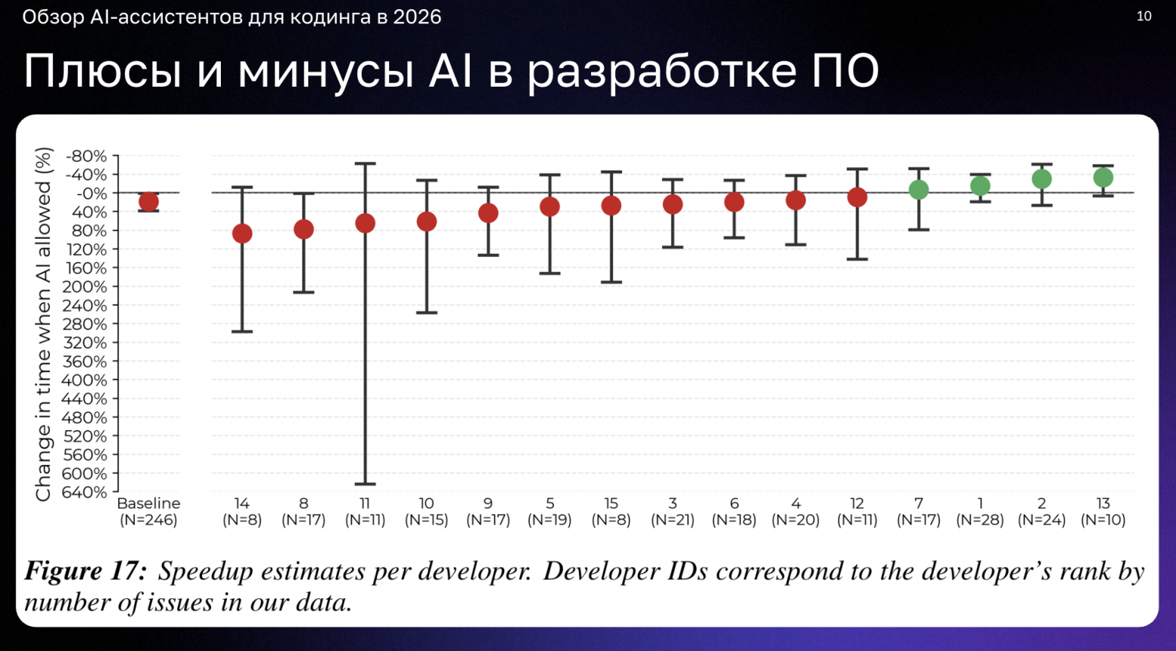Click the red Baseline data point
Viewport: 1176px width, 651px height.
[149, 202]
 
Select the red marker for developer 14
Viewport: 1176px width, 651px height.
[242, 234]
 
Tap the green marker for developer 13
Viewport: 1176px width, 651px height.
[1103, 178]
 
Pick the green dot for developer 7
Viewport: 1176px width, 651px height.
[918, 190]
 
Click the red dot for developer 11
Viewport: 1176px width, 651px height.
[365, 223]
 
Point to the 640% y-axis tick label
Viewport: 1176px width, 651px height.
[84, 493]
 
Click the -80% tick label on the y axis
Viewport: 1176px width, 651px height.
[87, 157]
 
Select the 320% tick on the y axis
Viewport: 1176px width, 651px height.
[84, 343]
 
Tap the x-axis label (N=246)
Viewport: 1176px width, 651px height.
[149, 520]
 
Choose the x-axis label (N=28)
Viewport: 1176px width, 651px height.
[980, 520]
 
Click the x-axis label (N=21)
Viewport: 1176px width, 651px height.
[672, 520]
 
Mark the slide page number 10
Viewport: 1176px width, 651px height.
[1144, 17]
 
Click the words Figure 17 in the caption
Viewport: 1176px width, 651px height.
[85, 571]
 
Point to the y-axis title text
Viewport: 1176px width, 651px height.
[44, 324]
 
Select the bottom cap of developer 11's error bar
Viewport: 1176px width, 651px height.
[365, 484]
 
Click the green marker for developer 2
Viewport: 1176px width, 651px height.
[1042, 179]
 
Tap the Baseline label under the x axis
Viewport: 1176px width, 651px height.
[149, 503]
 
